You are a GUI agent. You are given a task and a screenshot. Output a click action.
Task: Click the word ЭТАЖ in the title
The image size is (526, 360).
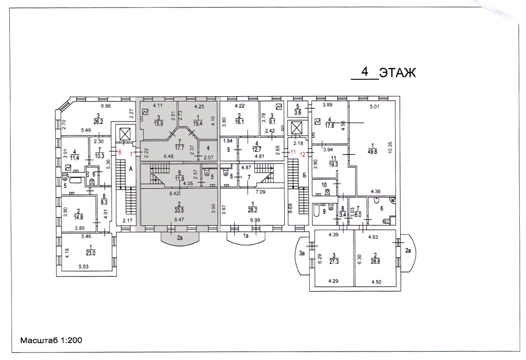[397, 73]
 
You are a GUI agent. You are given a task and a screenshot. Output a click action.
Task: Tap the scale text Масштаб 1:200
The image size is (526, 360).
[52, 340]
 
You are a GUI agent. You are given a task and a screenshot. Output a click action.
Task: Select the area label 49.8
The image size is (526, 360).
[372, 151]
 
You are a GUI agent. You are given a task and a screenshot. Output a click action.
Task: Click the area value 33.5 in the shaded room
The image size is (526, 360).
[179, 211]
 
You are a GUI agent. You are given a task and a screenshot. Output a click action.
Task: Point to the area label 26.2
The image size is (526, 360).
[98, 122]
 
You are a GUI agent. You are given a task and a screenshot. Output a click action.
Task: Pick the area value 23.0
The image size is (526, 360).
[90, 253]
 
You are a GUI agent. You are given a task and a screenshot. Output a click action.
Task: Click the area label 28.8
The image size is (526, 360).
[375, 261]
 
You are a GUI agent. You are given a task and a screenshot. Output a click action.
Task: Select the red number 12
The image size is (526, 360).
[303, 155]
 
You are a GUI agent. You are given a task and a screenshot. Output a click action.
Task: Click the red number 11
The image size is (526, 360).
[293, 152]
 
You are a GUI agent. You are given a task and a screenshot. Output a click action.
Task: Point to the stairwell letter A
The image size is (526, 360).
[131, 169]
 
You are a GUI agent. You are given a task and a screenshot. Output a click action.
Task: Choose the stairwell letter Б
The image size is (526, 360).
[304, 176]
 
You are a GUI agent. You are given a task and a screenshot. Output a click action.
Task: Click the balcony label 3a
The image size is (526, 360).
[301, 253]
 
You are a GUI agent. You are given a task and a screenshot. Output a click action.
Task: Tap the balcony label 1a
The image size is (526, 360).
[246, 236]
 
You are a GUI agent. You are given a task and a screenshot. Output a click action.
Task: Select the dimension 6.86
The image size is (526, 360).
[106, 106]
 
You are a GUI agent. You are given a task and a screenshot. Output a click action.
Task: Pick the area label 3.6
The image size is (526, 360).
[298, 112]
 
